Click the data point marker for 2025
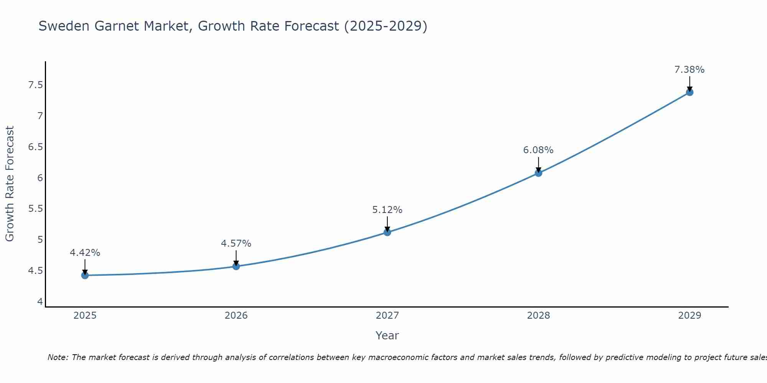(x=85, y=275)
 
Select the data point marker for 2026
(x=236, y=266)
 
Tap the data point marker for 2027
(x=387, y=232)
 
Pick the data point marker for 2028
(x=538, y=173)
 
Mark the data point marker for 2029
(x=690, y=92)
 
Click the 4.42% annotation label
(x=85, y=253)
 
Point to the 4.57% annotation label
(x=236, y=244)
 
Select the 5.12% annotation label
(x=387, y=210)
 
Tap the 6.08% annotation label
(x=538, y=150)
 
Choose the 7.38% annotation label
(x=690, y=70)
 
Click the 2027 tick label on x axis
(x=387, y=316)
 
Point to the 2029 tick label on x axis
(x=690, y=316)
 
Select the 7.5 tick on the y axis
(x=36, y=85)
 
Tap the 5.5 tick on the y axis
(x=36, y=209)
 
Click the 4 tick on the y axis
(x=40, y=302)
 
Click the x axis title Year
(x=387, y=336)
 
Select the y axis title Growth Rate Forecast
(x=10, y=184)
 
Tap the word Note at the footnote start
(x=58, y=357)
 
